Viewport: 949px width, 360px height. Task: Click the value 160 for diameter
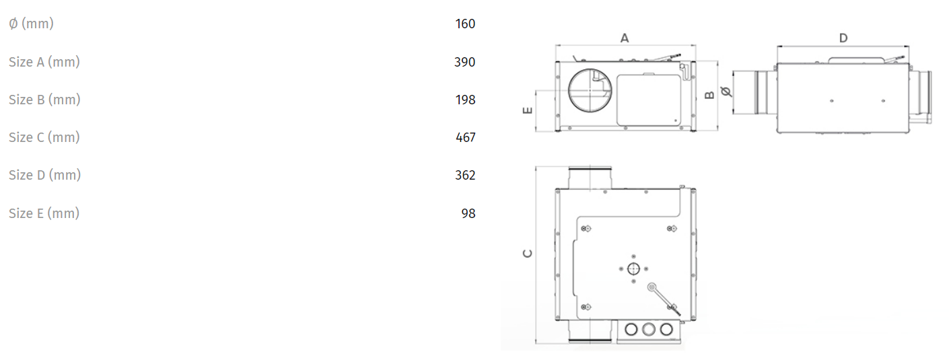pos(465,24)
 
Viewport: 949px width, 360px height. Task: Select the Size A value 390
pos(465,62)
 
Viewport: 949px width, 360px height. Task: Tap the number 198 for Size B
pos(465,100)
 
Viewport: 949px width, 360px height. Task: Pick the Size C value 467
pos(465,137)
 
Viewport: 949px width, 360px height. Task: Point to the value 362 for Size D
pos(465,175)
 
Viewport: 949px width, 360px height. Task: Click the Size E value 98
pos(468,213)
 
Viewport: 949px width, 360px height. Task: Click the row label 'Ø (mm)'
pos(32,24)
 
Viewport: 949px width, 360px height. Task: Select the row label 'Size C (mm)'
pos(44,137)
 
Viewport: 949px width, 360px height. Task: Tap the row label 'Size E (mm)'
pos(44,213)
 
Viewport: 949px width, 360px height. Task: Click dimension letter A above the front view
pos(625,38)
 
